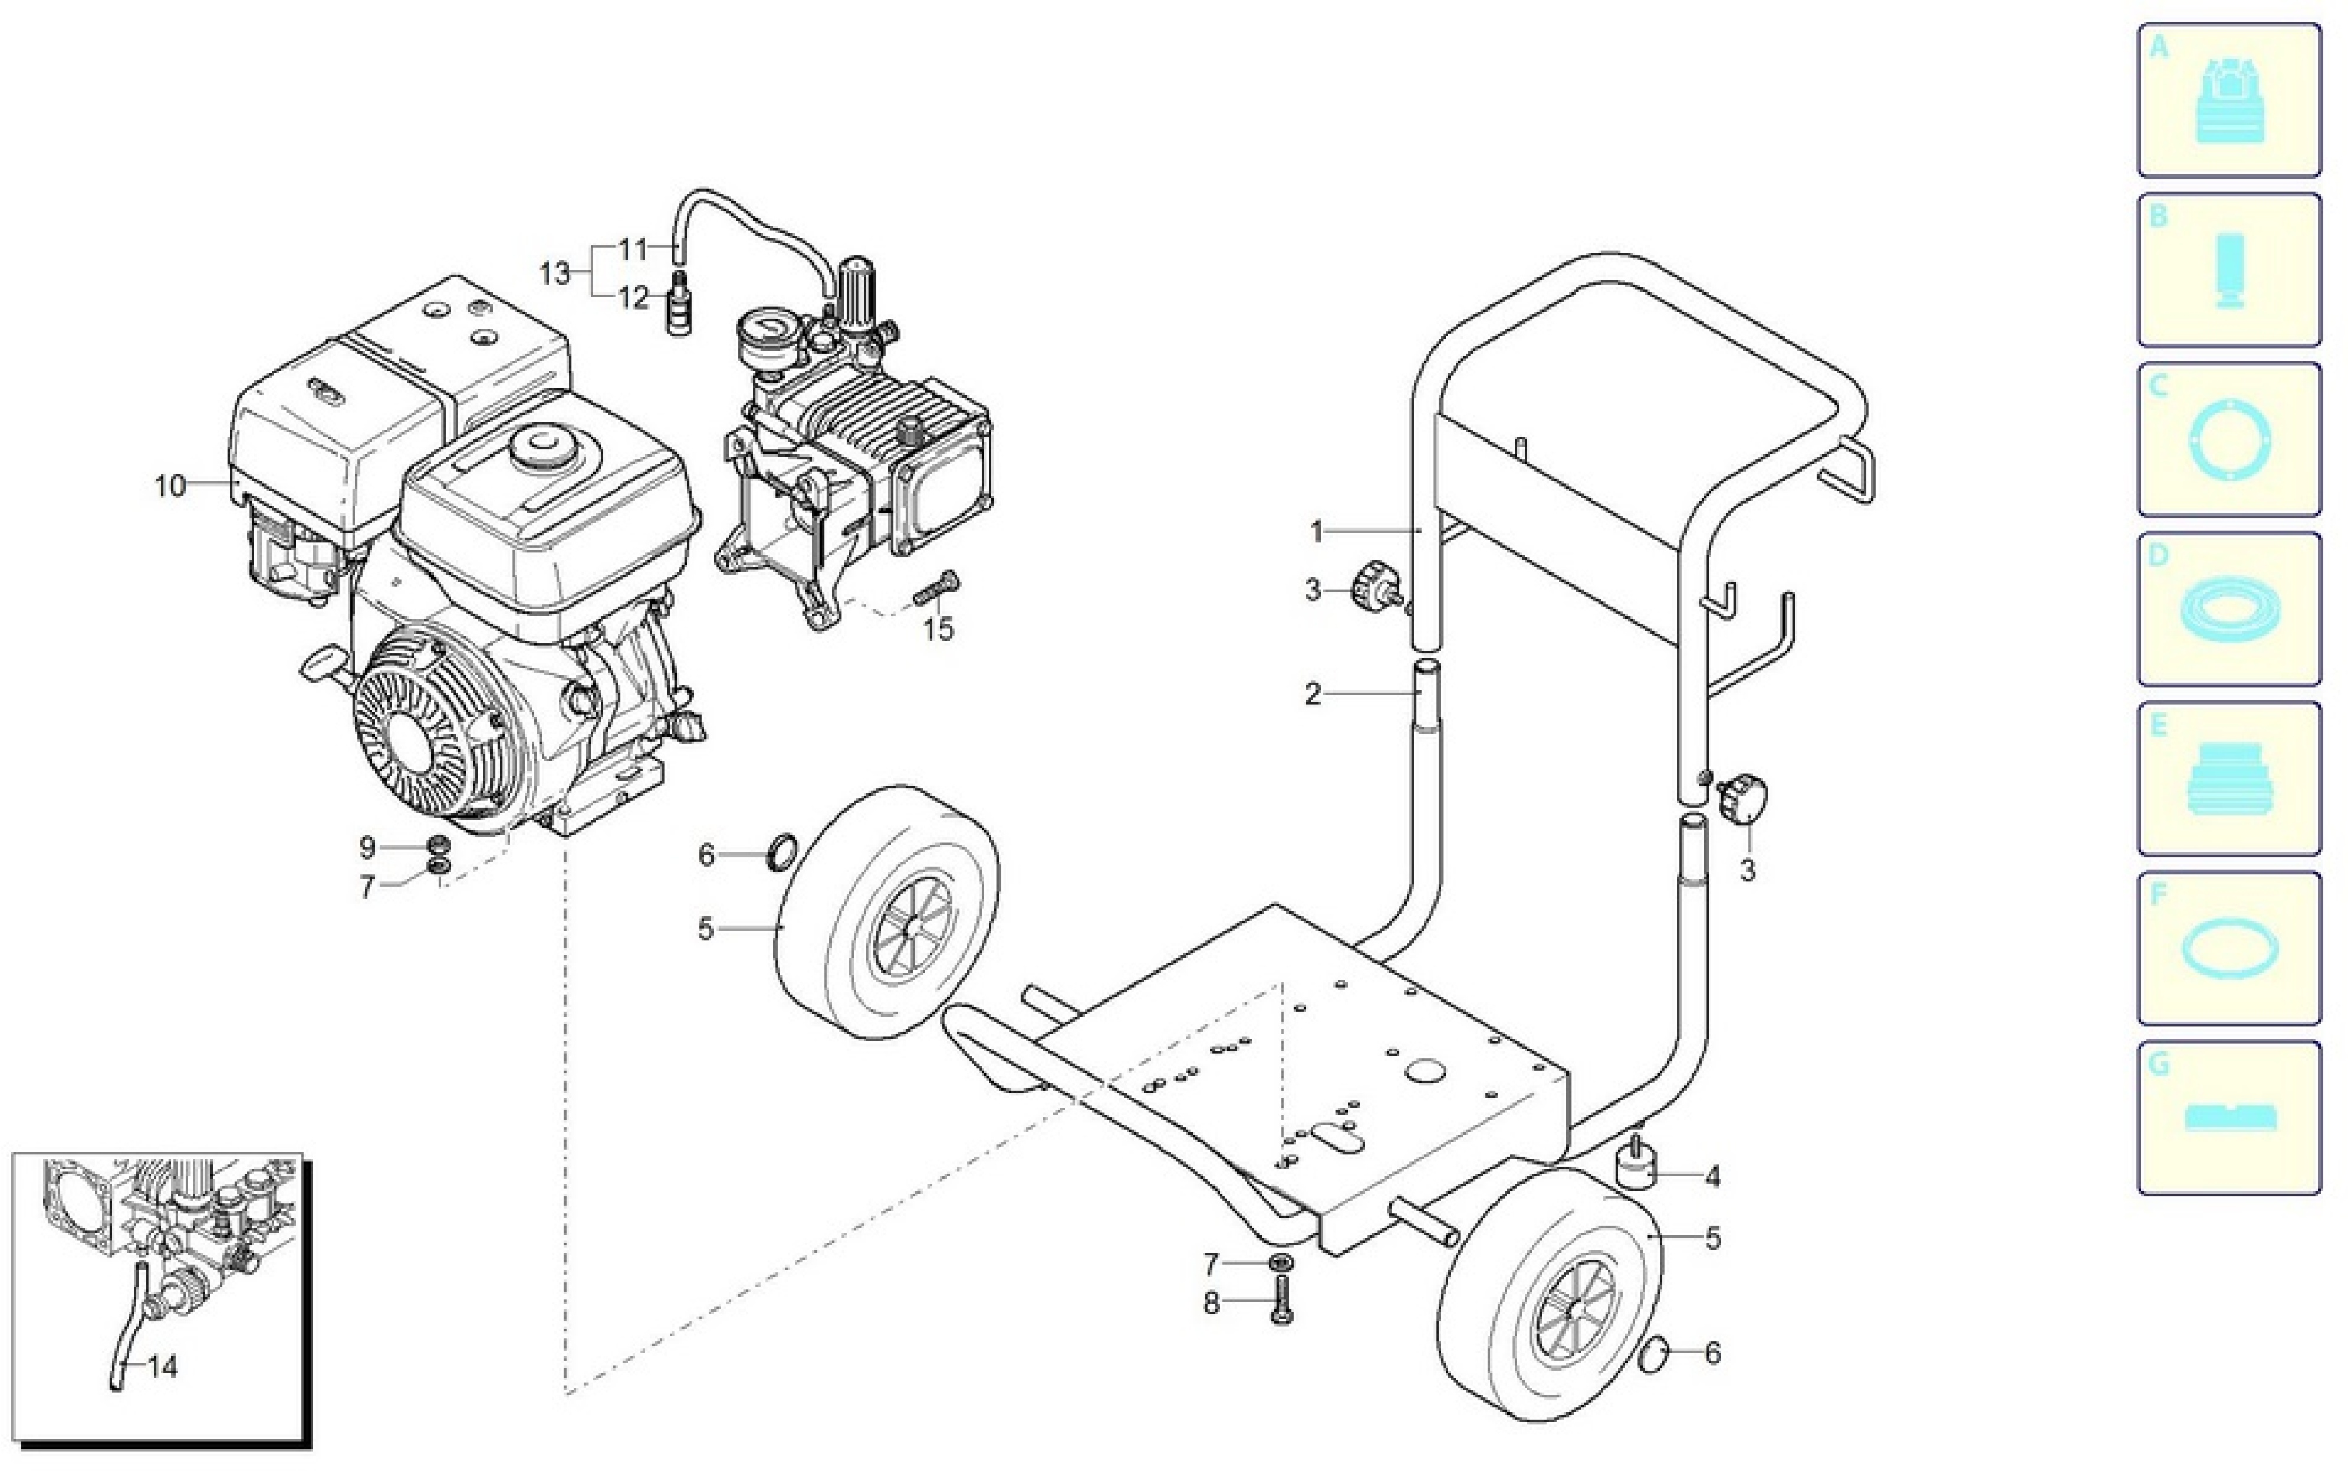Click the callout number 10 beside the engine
[x=170, y=485]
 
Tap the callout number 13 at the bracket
[x=555, y=274]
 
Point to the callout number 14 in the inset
[x=163, y=1367]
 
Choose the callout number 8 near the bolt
[x=1212, y=1304]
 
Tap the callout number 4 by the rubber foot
[x=1712, y=1178]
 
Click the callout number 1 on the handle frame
[x=1317, y=532]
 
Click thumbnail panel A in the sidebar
[x=2228, y=100]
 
